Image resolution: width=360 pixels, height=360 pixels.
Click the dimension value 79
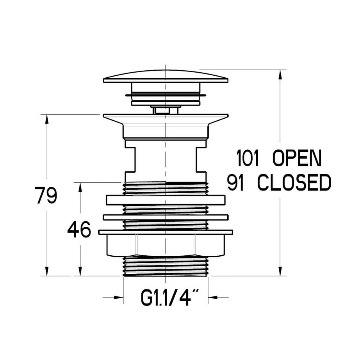pos(46,195)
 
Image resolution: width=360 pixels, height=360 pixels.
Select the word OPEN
pos(296,159)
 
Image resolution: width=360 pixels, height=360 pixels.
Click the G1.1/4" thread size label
pos(169,299)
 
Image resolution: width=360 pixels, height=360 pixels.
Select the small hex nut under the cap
pos(165,110)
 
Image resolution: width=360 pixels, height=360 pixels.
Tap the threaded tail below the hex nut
pos(165,266)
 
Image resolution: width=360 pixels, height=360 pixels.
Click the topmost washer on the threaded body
pos(165,200)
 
